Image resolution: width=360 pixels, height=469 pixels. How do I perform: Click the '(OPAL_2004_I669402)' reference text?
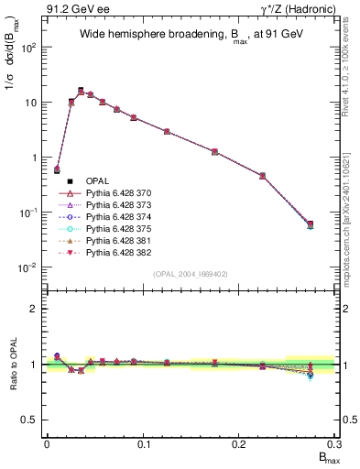click(191, 274)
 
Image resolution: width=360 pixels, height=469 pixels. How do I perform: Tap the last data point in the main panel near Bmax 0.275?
click(311, 224)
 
